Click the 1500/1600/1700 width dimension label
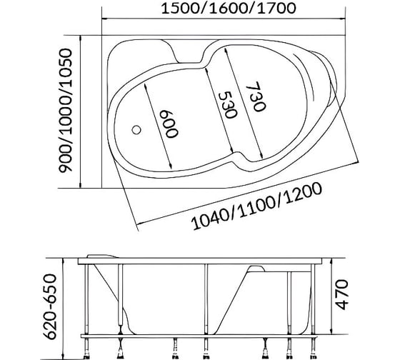229,9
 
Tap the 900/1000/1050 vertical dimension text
66,111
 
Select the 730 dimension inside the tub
256,96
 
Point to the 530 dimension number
228,104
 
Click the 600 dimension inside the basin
169,124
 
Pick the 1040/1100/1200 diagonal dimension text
256,206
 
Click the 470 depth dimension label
342,294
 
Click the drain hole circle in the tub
136,130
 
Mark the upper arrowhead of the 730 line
226,50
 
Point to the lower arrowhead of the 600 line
170,166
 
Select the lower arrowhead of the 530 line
231,149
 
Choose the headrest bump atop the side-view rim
102,256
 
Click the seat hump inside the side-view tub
256,269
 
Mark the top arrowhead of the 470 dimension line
331,261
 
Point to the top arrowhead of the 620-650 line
63,261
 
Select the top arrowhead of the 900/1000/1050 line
81,39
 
